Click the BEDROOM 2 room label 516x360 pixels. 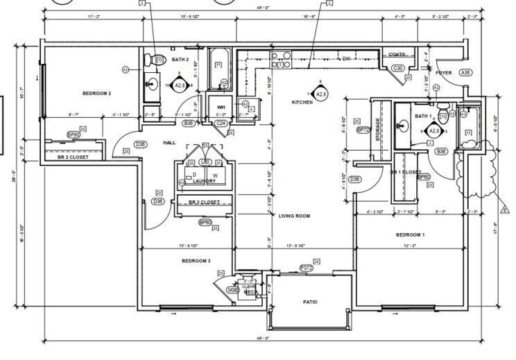97,93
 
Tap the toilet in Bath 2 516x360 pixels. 158,60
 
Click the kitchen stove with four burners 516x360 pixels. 281,60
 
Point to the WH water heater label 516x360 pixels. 221,107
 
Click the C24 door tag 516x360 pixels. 221,123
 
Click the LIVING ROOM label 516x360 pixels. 294,216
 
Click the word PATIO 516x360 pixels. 310,302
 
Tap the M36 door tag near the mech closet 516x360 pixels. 233,290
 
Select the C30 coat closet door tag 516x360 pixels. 398,68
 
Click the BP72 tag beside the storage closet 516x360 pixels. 363,130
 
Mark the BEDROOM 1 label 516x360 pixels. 410,234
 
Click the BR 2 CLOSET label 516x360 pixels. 73,157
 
